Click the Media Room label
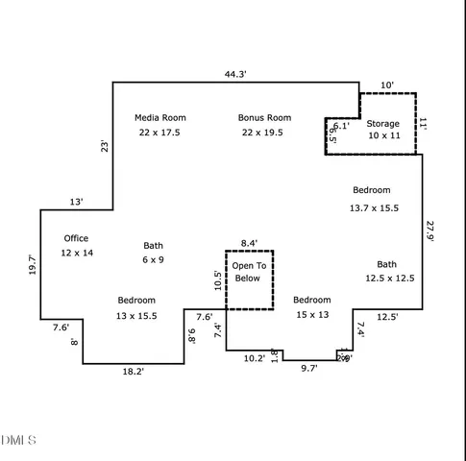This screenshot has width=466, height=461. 159,118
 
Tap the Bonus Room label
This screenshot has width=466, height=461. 264,118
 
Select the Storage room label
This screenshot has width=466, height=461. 382,124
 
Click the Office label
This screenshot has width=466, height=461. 76,238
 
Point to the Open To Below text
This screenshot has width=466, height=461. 248,272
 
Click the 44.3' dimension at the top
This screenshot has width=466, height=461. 235,74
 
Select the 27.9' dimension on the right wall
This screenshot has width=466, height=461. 430,234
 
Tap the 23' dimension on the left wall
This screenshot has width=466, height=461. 104,146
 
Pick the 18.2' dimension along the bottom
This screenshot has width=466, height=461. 133,372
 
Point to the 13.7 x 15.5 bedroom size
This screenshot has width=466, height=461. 373,207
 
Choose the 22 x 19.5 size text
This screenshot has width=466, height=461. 264,133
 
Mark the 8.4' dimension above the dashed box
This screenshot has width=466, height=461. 249,243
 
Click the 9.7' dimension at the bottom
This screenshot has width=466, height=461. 308,368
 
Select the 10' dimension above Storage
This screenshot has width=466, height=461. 387,85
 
